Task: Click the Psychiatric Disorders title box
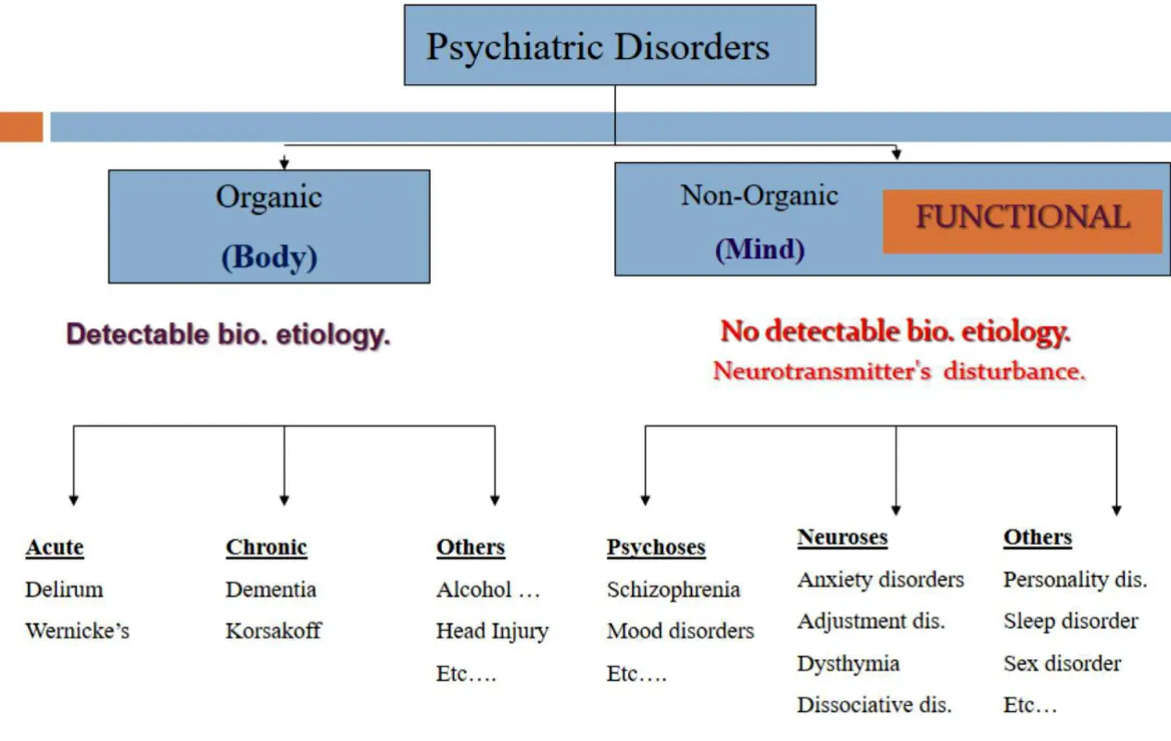pyautogui.click(x=610, y=45)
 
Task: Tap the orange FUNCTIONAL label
pyautogui.click(x=1022, y=220)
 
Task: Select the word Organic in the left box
pyautogui.click(x=269, y=196)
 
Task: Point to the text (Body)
pyautogui.click(x=269, y=257)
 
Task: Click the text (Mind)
pyautogui.click(x=759, y=248)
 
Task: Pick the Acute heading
pyautogui.click(x=55, y=547)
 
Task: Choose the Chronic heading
pyautogui.click(x=266, y=547)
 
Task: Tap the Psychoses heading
pyautogui.click(x=656, y=547)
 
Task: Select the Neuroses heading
pyautogui.click(x=842, y=537)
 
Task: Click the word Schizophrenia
pyautogui.click(x=674, y=590)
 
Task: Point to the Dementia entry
pyautogui.click(x=271, y=590)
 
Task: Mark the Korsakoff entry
pyautogui.click(x=273, y=632)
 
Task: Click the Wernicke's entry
pyautogui.click(x=77, y=632)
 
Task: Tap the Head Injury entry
pyautogui.click(x=492, y=632)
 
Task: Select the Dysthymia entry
pyautogui.click(x=848, y=663)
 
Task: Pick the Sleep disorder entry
pyautogui.click(x=1070, y=622)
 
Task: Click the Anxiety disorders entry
pyautogui.click(x=880, y=580)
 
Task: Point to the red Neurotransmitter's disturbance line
pyautogui.click(x=899, y=371)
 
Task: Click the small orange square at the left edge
pyautogui.click(x=20, y=127)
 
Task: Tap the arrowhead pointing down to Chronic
pyautogui.click(x=283, y=499)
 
